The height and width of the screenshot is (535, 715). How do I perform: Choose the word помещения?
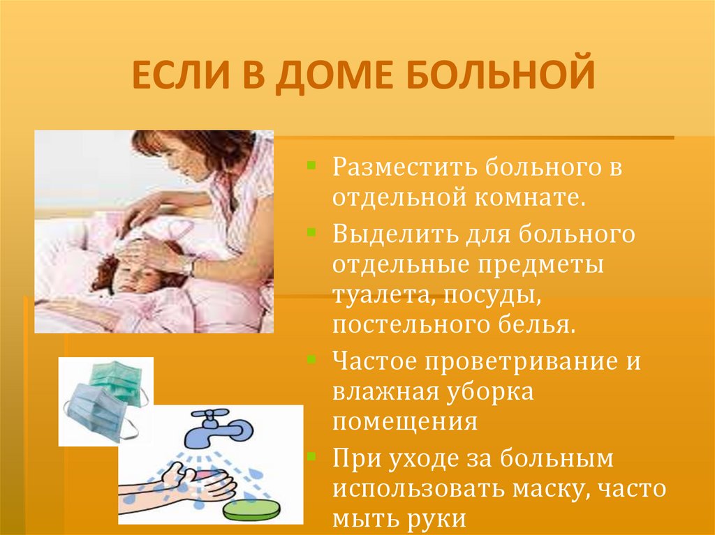(x=405, y=423)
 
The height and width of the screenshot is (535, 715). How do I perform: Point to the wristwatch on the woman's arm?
(x=188, y=264)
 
